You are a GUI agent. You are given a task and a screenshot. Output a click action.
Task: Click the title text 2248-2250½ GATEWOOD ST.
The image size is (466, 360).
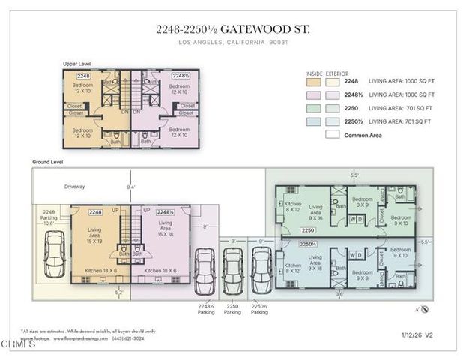click(x=232, y=29)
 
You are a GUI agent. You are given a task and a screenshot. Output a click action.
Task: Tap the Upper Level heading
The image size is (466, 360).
click(x=77, y=64)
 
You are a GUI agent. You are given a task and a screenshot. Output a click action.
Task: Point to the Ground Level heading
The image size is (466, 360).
click(x=48, y=162)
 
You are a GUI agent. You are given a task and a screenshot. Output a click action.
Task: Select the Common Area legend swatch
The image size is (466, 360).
click(x=333, y=135)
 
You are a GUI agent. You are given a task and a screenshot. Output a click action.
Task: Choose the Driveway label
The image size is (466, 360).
click(x=76, y=187)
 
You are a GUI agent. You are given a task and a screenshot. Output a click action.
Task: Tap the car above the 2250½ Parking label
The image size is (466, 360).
click(x=260, y=269)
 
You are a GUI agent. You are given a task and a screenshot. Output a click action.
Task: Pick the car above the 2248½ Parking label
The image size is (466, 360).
click(x=205, y=269)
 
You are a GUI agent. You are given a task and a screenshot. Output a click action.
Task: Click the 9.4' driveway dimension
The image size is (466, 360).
click(x=131, y=187)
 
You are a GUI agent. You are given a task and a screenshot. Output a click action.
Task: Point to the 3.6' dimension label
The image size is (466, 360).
click(x=339, y=295)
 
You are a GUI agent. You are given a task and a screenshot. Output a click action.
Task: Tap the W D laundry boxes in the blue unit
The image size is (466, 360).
click(x=355, y=255)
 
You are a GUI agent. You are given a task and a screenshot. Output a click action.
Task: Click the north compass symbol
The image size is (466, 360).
click(x=423, y=308)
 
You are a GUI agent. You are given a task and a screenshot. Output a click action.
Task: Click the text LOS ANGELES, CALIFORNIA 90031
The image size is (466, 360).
click(x=232, y=43)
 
